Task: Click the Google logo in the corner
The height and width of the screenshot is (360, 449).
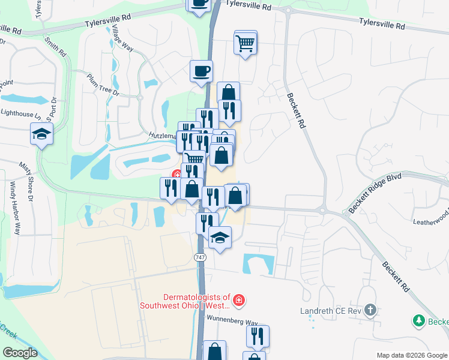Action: tap(20, 353)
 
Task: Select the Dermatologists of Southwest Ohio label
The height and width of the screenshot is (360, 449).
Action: tap(185, 301)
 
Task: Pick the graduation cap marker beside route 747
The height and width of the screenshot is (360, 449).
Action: tap(220, 238)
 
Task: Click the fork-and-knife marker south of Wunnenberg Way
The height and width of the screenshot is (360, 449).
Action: tap(258, 337)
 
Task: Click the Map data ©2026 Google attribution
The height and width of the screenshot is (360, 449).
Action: tap(412, 355)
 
